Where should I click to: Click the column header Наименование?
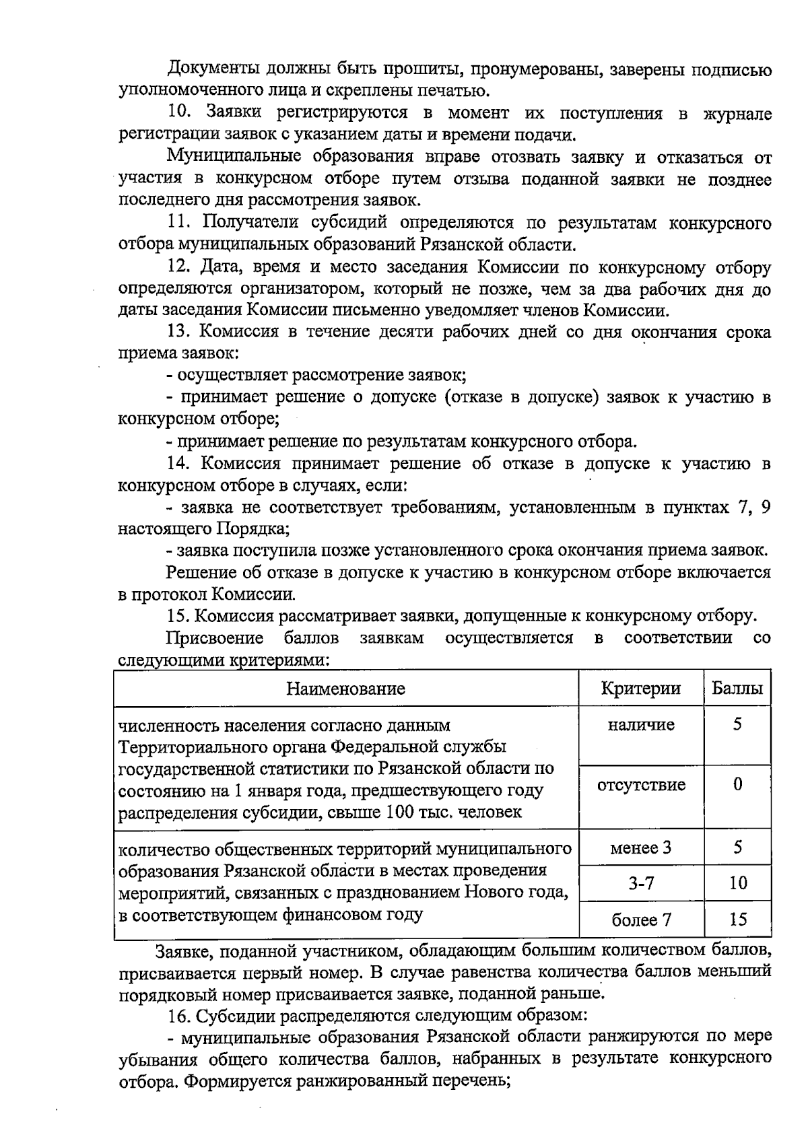pyautogui.click(x=345, y=689)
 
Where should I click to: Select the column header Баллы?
pyautogui.click(x=737, y=689)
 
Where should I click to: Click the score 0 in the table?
pyautogui.click(x=738, y=785)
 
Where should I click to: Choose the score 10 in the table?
pyautogui.click(x=738, y=883)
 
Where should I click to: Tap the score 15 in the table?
pyautogui.click(x=738, y=920)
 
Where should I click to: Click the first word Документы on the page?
pyautogui.click(x=211, y=69)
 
